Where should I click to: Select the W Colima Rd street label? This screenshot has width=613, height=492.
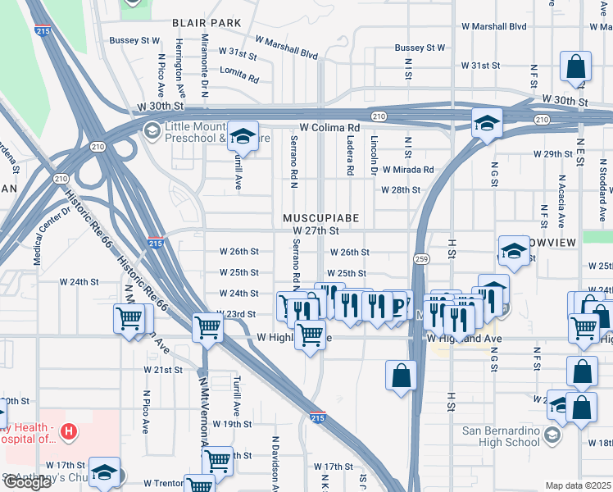pos(329,128)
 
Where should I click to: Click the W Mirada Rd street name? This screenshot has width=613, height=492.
pos(407,169)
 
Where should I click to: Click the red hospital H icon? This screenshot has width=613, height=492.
pos(70,430)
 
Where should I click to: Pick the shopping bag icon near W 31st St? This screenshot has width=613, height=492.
pos(576,68)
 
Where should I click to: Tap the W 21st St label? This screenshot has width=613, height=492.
pos(162,370)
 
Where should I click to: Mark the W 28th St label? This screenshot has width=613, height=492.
pos(400,190)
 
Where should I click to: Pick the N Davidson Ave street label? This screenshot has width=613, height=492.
pos(276,463)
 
